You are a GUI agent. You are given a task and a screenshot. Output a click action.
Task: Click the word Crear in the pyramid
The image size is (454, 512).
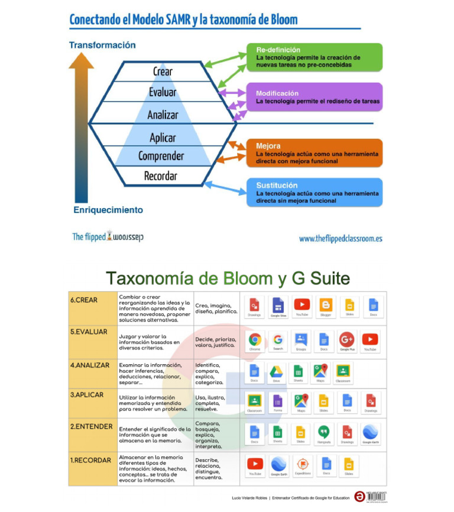click(x=163, y=72)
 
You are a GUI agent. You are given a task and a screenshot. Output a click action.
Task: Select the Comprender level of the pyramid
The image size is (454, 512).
click(x=161, y=156)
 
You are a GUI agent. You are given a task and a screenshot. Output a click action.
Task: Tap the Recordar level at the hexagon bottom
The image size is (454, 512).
click(x=161, y=176)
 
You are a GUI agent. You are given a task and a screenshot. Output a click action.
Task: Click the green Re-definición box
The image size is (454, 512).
click(x=314, y=57)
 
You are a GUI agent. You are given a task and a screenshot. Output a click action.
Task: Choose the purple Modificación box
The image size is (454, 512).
click(x=314, y=98)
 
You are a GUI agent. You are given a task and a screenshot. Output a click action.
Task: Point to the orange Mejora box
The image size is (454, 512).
click(x=314, y=153)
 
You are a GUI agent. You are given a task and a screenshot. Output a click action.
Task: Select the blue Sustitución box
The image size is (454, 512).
click(x=314, y=193)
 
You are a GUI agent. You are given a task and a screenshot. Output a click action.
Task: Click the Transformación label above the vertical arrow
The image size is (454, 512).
click(x=102, y=45)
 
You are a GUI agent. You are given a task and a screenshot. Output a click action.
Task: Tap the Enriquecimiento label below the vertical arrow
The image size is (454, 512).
click(x=108, y=209)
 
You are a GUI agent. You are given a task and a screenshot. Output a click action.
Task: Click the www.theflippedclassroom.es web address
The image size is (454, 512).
click(x=340, y=238)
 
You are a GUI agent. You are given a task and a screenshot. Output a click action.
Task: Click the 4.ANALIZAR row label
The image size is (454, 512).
click(x=90, y=365)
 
